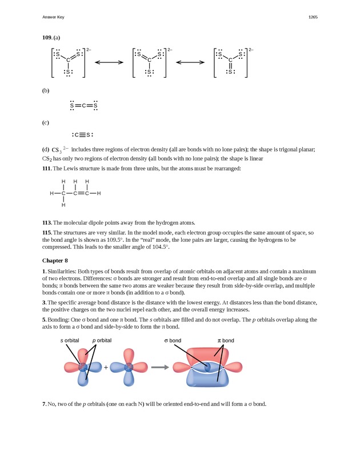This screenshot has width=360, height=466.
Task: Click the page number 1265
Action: point(313,17)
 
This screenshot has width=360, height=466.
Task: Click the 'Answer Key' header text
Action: point(53,17)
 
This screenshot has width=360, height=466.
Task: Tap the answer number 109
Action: point(47,38)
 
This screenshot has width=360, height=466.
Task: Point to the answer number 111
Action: point(47,168)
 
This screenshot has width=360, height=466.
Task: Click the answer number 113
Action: point(47,222)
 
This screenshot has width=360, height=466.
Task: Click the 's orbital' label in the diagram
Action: point(70,340)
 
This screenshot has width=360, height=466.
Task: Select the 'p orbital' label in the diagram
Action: point(102,340)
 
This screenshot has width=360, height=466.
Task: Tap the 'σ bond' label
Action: point(173,340)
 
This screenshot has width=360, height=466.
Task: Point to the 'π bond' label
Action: point(226,340)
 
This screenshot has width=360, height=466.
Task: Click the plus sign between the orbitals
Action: point(106,367)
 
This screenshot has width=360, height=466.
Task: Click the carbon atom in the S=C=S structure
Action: point(84,106)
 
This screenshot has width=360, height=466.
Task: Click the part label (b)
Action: point(46,90)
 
